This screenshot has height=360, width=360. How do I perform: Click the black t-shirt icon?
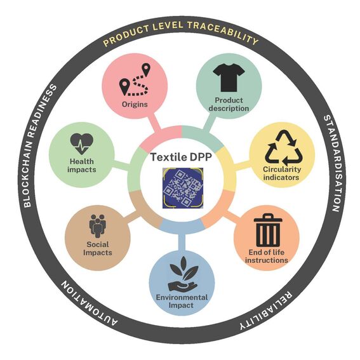click(229, 77)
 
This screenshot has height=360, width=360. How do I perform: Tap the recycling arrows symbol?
click(283, 147)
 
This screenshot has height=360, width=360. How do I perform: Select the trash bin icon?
click(268, 230)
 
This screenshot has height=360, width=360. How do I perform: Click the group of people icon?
click(98, 226)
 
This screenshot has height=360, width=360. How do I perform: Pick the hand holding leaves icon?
click(183, 274)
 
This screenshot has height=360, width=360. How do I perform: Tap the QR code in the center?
click(183, 188)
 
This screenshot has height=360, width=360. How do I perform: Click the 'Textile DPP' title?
click(181, 157)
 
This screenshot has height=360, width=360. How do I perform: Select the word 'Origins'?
click(135, 104)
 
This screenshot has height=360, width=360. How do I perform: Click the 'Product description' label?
click(229, 104)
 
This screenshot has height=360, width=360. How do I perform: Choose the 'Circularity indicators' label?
click(282, 173)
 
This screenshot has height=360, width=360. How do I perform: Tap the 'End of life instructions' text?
click(266, 257)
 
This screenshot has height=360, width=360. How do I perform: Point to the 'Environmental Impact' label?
click(182, 301)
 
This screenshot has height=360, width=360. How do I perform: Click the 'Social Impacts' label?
click(98, 248)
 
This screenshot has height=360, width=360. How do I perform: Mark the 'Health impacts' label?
click(82, 166)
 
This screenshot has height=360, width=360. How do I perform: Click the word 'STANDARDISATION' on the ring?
click(333, 163)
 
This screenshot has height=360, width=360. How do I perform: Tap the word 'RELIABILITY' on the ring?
click(267, 311)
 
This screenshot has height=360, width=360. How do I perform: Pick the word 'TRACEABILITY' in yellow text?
click(223, 33)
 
